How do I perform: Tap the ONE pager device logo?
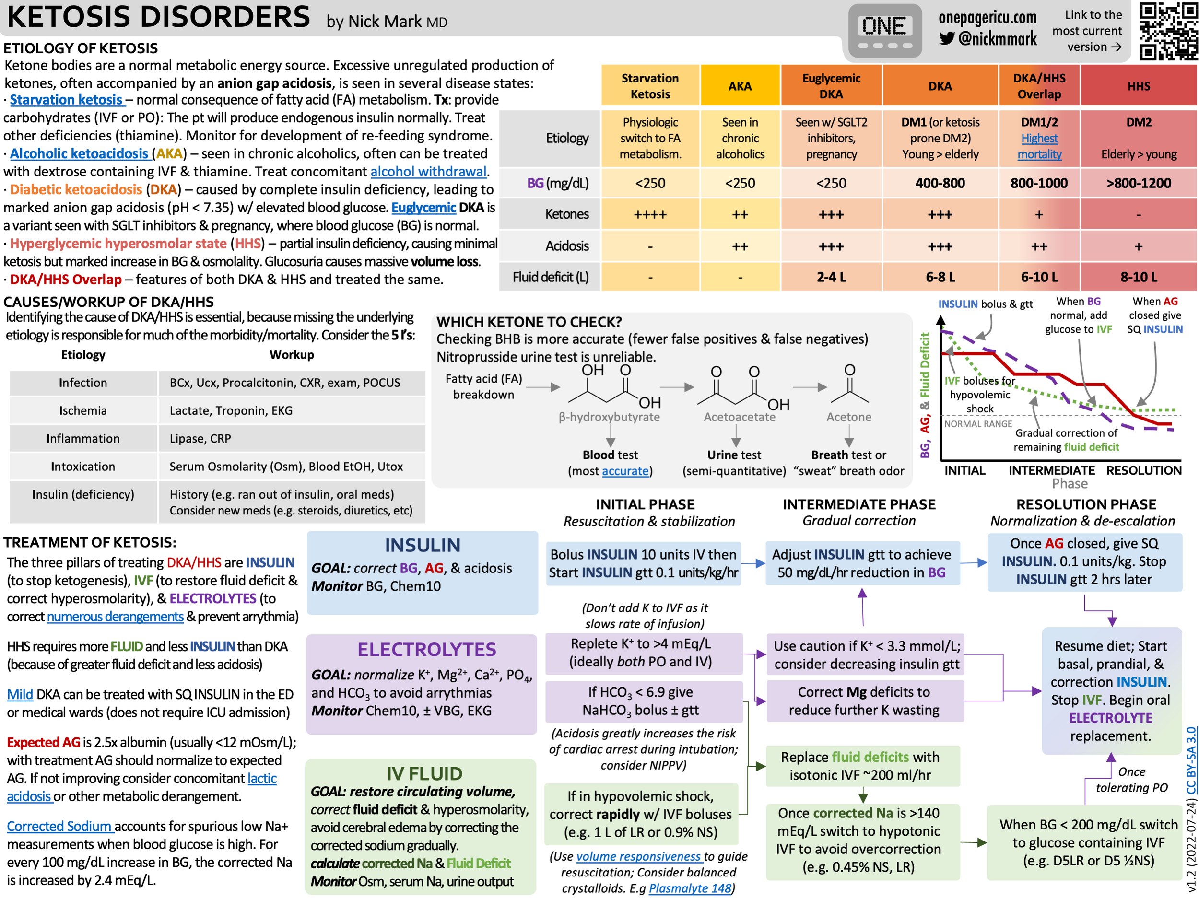pos(884,31)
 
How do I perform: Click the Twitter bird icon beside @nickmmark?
pos(946,38)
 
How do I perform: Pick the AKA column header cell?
pos(740,86)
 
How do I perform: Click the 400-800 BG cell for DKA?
pos(940,183)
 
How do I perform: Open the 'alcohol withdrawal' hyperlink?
pos(428,172)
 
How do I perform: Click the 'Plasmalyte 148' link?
pos(690,888)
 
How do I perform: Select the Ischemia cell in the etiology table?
pos(83,411)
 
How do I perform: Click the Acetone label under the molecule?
pos(848,417)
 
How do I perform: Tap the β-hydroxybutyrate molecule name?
pos(609,417)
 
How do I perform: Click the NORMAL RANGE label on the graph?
pos(978,424)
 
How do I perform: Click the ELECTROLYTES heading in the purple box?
pos(426,649)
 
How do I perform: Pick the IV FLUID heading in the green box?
pos(424,773)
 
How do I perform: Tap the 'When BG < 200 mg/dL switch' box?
pos(1088,842)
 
